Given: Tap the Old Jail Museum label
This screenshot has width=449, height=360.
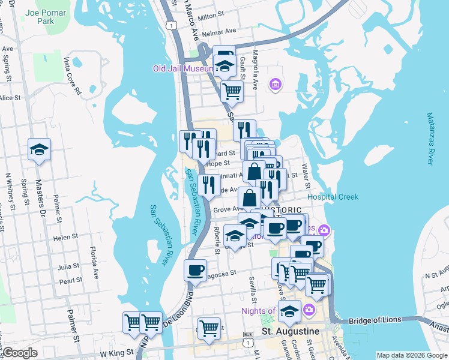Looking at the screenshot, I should tap(183, 68).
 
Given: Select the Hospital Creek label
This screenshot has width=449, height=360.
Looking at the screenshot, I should tap(333, 197).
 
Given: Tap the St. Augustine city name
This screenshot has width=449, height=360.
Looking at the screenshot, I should tap(290, 331).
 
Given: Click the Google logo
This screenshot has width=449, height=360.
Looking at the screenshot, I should tap(20, 353).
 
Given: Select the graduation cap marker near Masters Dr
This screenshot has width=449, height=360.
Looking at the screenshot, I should tap(39, 149).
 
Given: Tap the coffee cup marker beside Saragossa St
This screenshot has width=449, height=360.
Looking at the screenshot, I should tap(194, 269).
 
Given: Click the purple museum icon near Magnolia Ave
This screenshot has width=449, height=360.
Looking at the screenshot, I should tap(275, 85).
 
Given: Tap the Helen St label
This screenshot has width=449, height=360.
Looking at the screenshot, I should tap(62, 238).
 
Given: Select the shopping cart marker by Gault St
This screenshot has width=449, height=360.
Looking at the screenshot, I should tap(231, 92).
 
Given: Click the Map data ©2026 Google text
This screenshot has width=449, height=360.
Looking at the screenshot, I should tap(411, 355).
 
